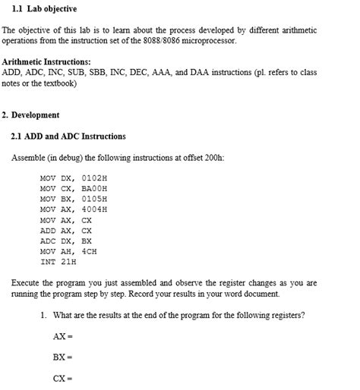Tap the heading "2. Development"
tap(30, 115)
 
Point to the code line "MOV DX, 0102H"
tap(74, 177)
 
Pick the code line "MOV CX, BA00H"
tap(74, 187)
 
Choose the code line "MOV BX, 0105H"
tap(74, 198)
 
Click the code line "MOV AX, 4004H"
tap(74, 209)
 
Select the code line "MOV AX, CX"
tap(65, 219)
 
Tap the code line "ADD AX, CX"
tap(65, 230)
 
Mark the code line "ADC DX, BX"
tap(65, 241)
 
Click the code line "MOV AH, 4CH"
tap(68, 251)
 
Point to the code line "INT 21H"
tap(58, 262)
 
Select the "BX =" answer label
tap(62, 357)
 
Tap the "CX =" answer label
tap(62, 378)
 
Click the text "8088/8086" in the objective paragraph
tap(189, 40)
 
